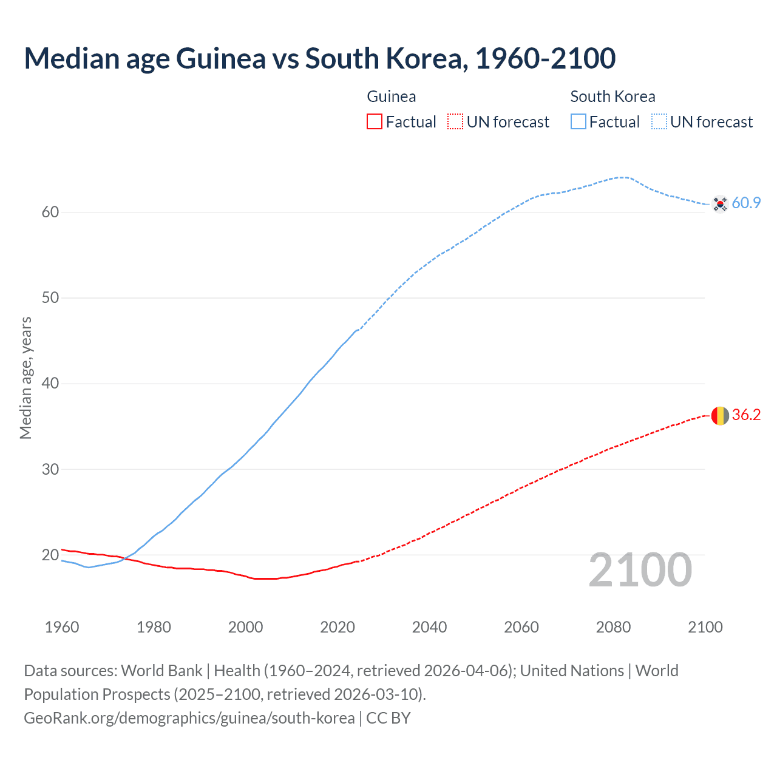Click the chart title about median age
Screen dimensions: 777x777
(320, 58)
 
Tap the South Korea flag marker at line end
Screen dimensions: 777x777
(719, 204)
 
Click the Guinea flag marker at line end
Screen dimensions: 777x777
(719, 415)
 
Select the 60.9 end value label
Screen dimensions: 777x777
(746, 203)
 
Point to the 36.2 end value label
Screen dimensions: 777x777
(746, 415)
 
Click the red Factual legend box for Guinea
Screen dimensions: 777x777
(375, 122)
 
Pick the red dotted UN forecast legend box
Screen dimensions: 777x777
(455, 122)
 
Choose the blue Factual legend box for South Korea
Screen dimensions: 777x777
(579, 122)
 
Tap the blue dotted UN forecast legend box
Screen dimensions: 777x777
(659, 122)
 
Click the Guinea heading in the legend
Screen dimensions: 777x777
(392, 97)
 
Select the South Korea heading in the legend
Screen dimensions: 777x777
(612, 97)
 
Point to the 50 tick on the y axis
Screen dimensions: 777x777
(50, 298)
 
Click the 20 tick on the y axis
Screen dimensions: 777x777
(50, 555)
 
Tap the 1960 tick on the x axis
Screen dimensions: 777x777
(62, 627)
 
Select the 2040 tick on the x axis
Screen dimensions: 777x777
(429, 627)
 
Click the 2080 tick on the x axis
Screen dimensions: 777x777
(613, 627)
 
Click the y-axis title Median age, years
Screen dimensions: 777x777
(25, 378)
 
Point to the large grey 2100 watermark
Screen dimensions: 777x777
(640, 570)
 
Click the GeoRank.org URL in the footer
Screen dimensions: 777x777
(189, 718)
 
